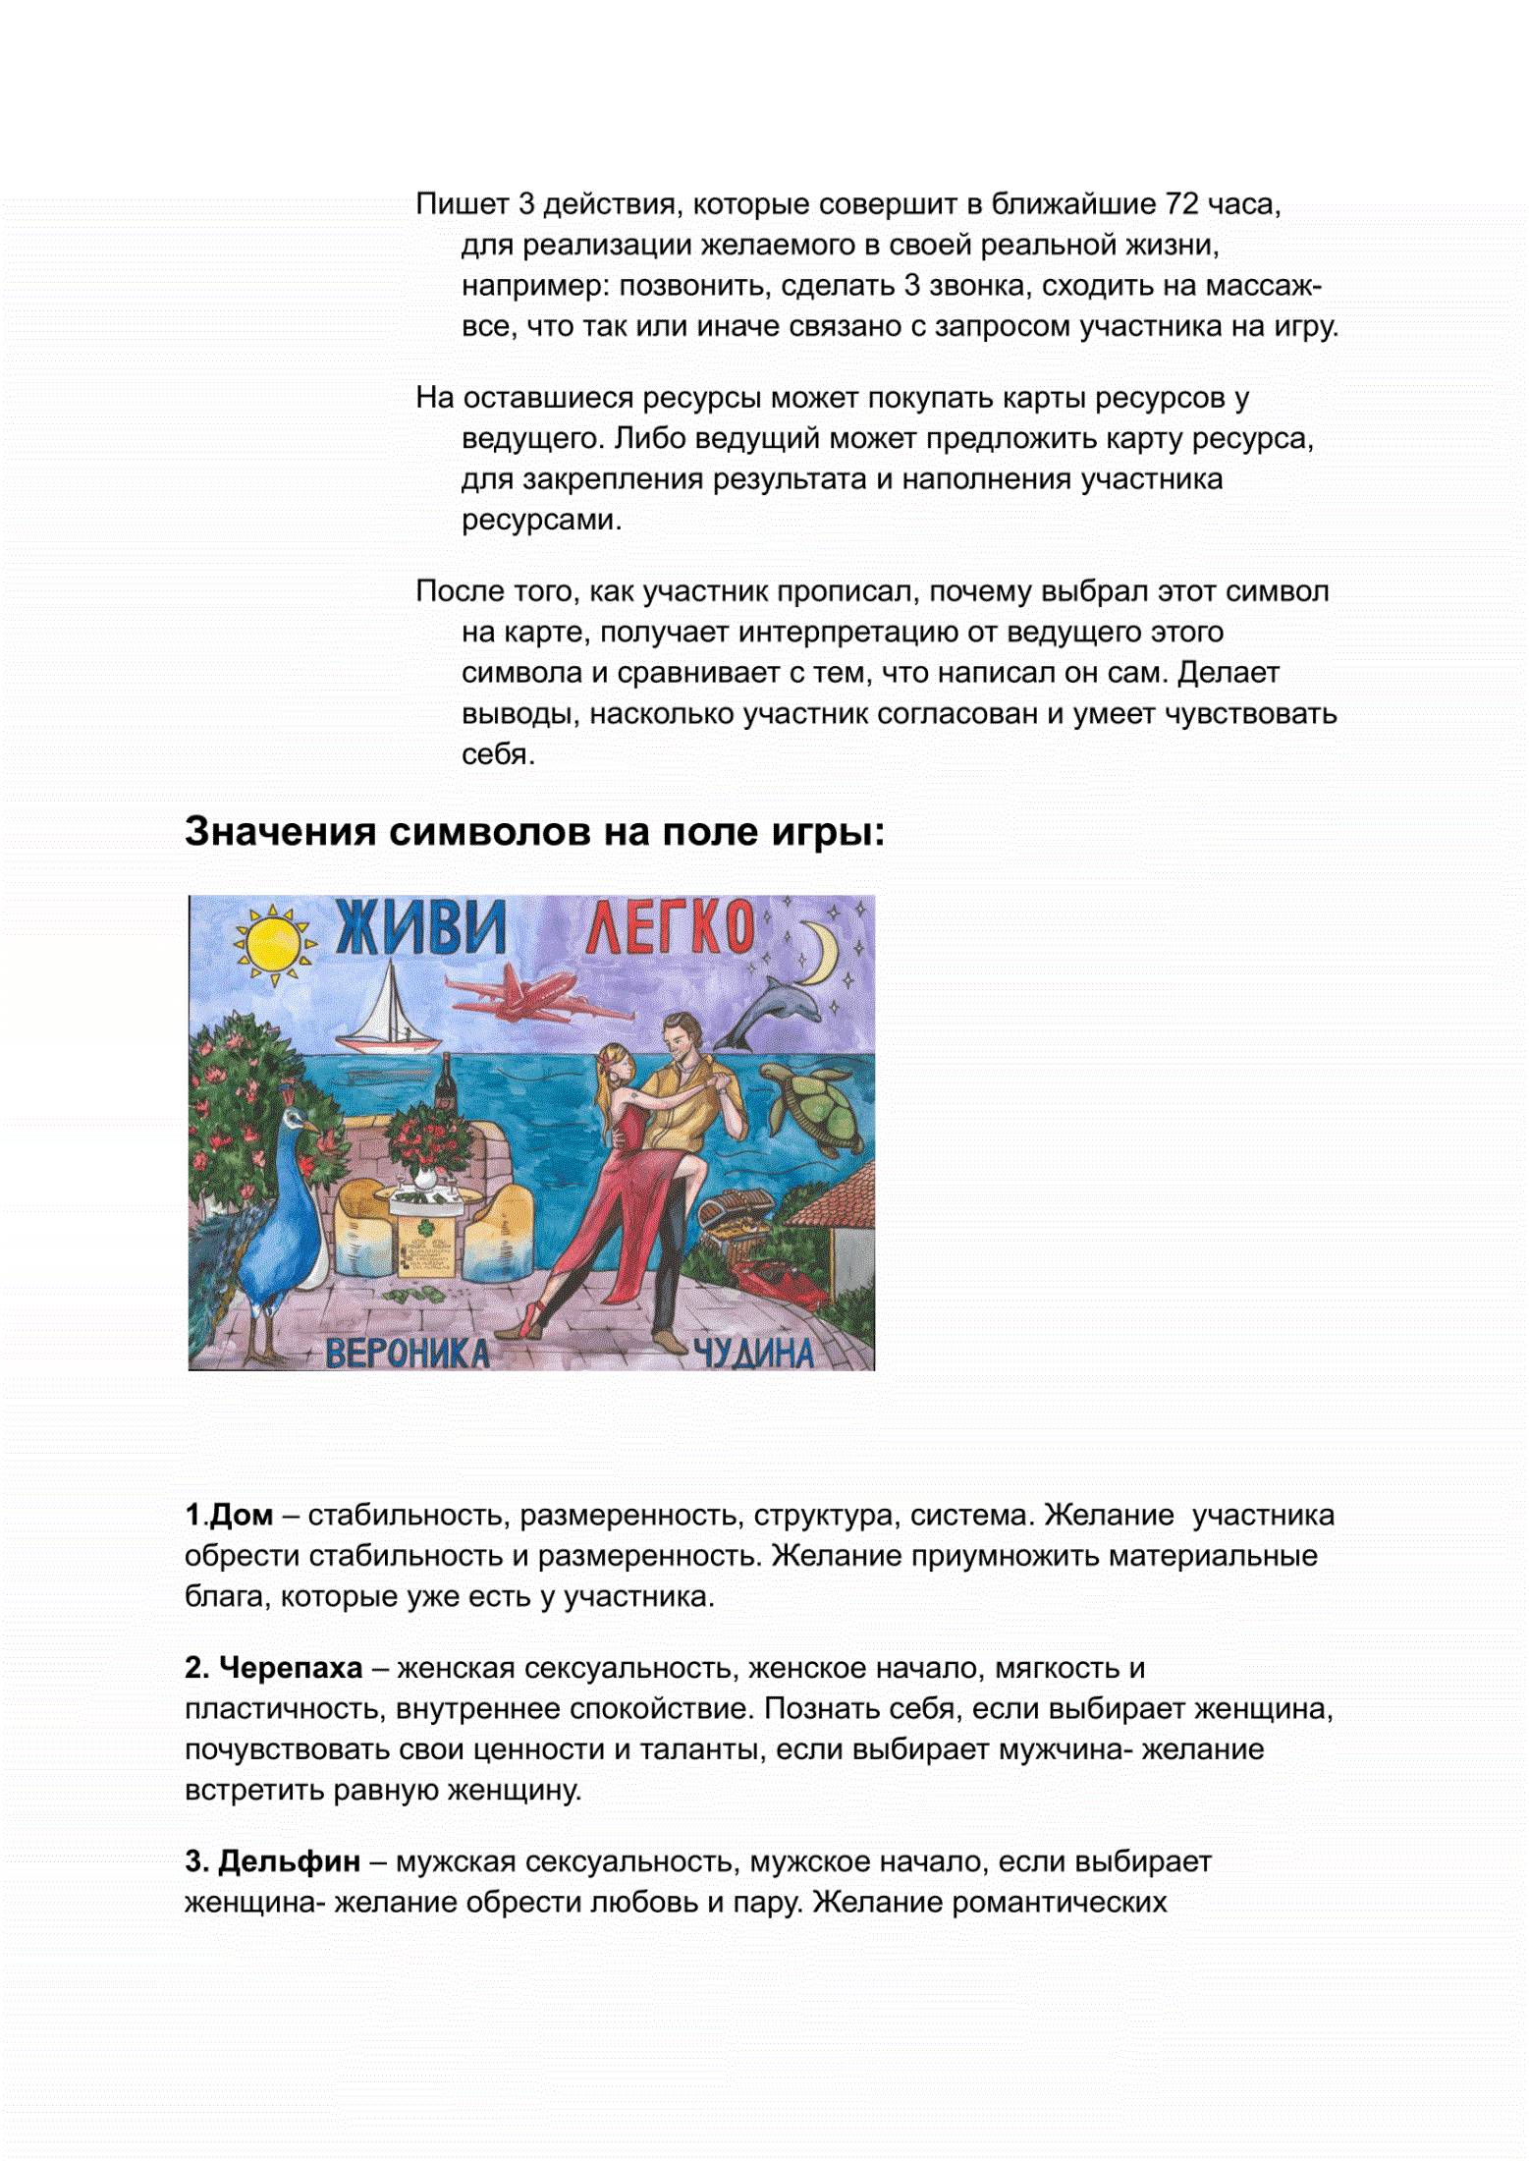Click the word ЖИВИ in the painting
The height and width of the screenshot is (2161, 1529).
420,929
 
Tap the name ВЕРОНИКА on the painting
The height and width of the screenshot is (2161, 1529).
407,1353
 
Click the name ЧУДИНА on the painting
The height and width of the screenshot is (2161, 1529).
753,1353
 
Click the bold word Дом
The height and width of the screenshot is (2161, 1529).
241,1515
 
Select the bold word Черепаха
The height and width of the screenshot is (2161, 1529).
290,1668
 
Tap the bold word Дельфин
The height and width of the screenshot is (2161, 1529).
289,1861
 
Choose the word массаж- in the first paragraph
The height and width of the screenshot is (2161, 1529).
1263,286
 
